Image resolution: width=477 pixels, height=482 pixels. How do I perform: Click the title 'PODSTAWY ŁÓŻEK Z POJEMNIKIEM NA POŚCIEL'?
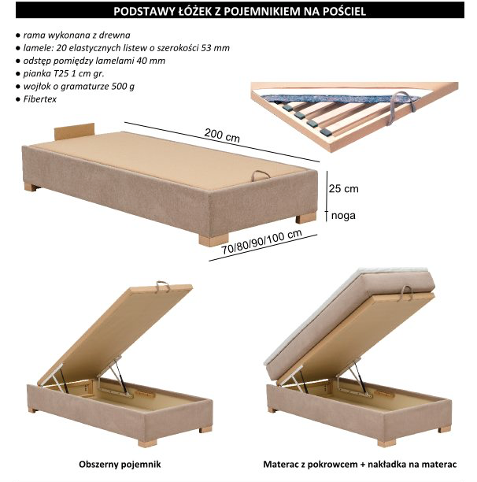click(x=239, y=11)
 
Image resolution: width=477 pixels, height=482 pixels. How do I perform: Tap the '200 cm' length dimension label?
click(x=222, y=135)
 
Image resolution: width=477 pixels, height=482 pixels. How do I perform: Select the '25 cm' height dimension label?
click(x=344, y=188)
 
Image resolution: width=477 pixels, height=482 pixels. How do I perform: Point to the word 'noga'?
click(x=343, y=216)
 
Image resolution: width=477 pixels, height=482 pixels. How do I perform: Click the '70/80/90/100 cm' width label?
click(x=262, y=243)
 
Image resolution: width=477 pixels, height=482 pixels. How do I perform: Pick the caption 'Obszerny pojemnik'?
click(x=120, y=464)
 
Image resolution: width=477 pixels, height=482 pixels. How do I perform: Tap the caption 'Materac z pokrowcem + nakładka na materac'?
click(x=360, y=464)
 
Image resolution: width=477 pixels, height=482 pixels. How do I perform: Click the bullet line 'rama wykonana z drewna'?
click(x=77, y=35)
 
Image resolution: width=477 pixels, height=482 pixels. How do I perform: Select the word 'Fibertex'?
click(x=40, y=99)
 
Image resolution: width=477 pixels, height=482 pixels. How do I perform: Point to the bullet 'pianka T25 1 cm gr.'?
click(x=64, y=74)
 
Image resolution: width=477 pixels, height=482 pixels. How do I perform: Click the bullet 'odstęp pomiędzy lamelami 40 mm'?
click(x=94, y=61)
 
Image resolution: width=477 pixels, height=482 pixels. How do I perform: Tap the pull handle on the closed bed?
click(x=261, y=176)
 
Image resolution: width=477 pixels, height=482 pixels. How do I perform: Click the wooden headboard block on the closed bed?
click(x=74, y=132)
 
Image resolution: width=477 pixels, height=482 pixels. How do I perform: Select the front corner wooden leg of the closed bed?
click(x=214, y=239)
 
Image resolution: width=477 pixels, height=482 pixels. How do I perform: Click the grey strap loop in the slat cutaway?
click(x=402, y=106)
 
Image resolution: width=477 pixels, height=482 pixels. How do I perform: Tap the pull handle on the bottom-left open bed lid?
click(x=163, y=286)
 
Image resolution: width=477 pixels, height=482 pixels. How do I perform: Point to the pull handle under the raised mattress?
click(x=405, y=292)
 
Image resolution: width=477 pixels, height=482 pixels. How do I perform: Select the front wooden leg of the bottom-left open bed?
click(x=147, y=443)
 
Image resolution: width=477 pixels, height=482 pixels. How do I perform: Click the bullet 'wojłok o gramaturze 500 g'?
click(x=79, y=87)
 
